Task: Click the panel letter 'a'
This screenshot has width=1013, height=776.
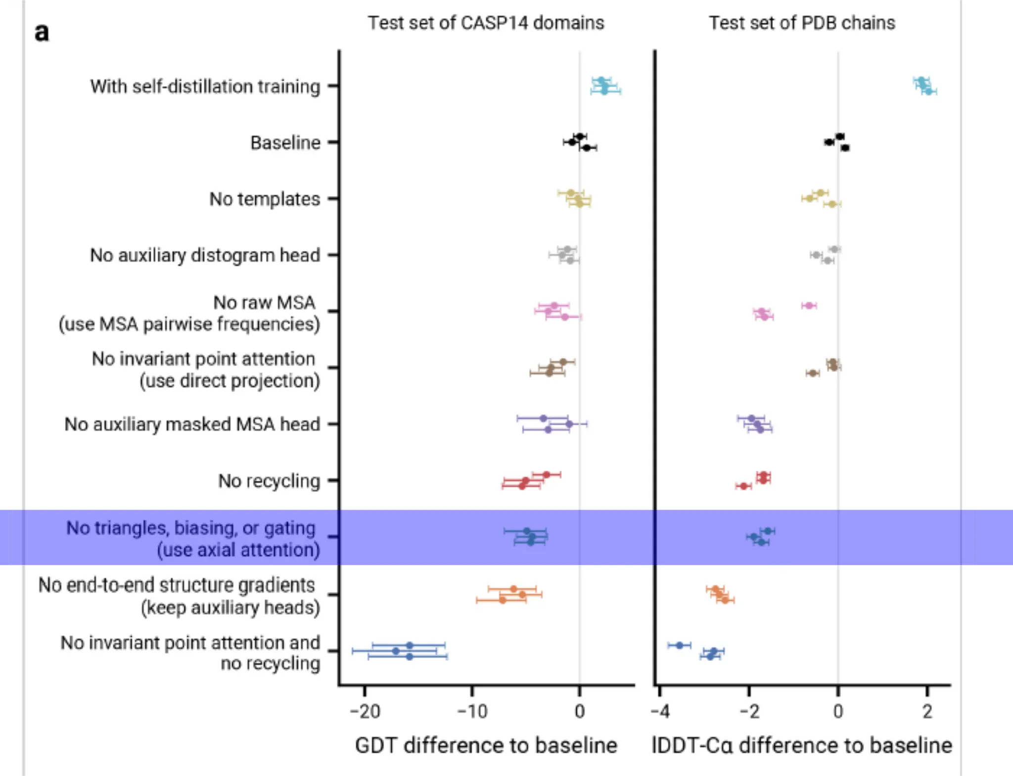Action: [42, 33]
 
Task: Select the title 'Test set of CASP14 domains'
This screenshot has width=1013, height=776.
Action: [486, 23]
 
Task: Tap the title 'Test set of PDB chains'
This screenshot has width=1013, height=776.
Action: [802, 23]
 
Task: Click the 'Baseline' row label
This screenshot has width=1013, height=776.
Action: [285, 142]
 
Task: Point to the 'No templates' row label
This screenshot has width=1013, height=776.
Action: [265, 199]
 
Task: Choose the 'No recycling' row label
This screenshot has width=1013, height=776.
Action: [269, 480]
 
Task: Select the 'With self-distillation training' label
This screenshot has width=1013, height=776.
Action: [205, 86]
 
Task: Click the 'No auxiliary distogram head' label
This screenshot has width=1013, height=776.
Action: [205, 255]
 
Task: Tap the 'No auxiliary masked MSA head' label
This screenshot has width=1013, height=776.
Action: [192, 424]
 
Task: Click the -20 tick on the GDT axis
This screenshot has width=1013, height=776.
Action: [365, 711]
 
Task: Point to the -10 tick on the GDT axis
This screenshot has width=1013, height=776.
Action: [472, 711]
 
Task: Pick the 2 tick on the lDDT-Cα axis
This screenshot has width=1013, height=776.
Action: [927, 711]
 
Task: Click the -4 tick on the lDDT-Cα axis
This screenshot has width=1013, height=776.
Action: [660, 711]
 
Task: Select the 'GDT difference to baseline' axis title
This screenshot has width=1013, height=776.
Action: [486, 745]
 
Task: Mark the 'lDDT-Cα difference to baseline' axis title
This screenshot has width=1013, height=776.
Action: [802, 745]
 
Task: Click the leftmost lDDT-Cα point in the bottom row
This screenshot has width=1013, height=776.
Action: [680, 645]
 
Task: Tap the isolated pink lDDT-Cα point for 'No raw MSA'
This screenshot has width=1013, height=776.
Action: [809, 305]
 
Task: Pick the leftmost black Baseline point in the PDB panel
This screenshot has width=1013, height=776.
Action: [829, 142]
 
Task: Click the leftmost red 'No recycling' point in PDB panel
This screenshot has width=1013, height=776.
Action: [743, 486]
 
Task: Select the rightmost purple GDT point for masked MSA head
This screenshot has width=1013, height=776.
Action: [569, 424]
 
